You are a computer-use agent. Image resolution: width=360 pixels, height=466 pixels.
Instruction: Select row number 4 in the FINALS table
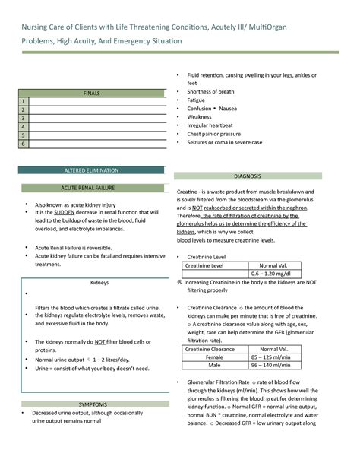click(24, 126)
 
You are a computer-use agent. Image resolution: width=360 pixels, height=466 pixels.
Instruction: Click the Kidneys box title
click(99, 282)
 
